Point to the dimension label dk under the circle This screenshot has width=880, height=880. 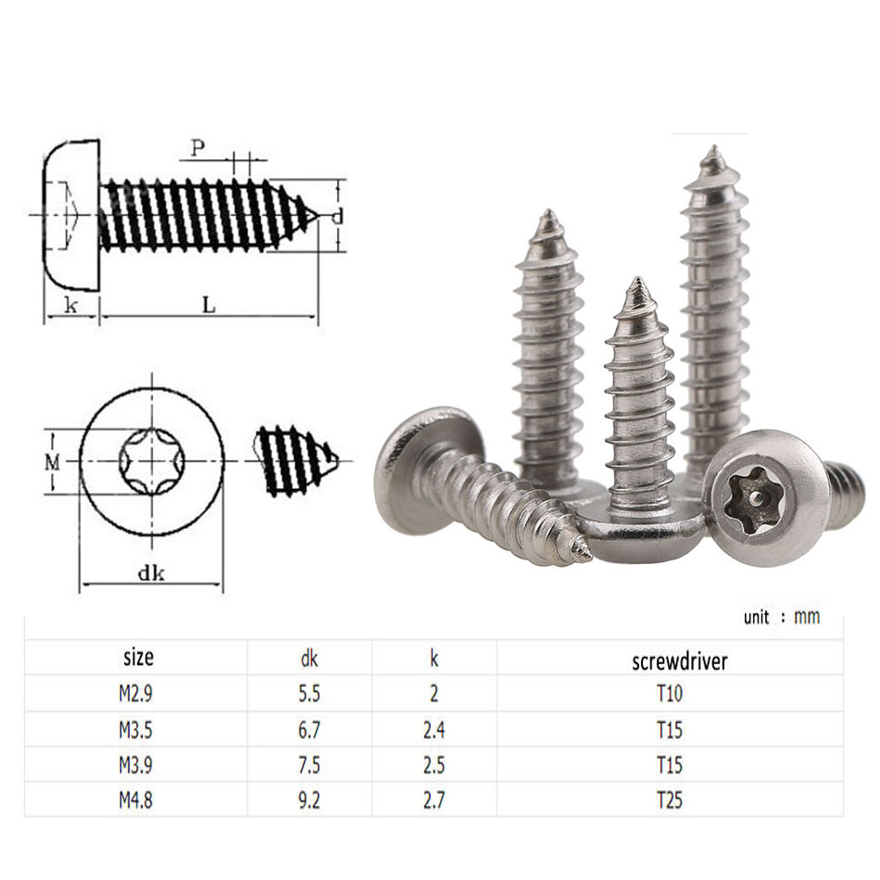(x=151, y=572)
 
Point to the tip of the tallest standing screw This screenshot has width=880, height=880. (x=713, y=150)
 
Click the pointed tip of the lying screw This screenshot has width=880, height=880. (x=586, y=554)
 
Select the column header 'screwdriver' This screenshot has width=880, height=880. (x=679, y=661)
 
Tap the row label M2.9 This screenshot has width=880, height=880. (x=135, y=694)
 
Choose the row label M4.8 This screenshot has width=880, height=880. (x=135, y=798)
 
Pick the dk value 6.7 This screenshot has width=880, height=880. (x=309, y=730)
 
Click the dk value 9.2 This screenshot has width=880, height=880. (x=309, y=798)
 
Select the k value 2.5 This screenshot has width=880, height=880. (x=434, y=765)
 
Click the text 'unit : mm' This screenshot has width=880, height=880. (x=781, y=617)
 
